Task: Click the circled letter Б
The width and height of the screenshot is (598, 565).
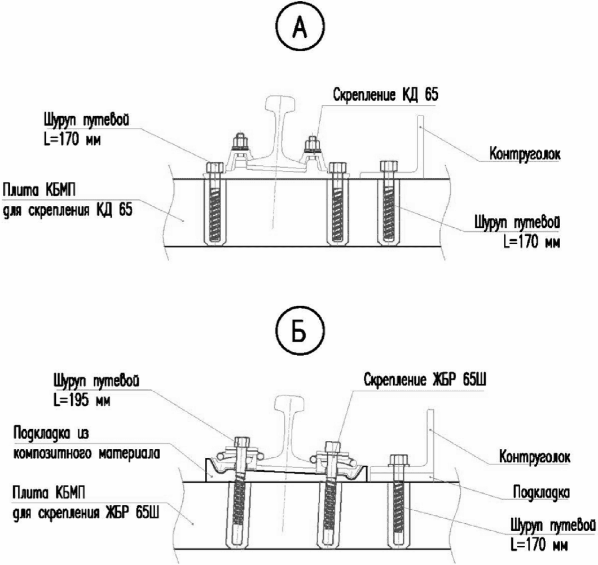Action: coord(301,332)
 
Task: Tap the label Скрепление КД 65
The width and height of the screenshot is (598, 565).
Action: coord(386,94)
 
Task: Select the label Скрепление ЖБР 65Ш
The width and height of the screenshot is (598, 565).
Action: coord(425,379)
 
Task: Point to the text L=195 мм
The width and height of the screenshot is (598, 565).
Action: coord(82,400)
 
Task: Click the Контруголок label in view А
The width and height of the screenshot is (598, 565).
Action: coord(525,154)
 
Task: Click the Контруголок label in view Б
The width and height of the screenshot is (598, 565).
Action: coord(535,456)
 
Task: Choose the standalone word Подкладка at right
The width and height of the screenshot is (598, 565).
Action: coord(542,492)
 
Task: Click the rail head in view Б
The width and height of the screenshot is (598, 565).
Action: coord(290,405)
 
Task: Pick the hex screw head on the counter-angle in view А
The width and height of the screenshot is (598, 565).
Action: coord(389,166)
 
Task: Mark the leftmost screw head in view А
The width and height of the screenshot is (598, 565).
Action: coord(215,167)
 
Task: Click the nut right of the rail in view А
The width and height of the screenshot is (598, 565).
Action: coord(313,144)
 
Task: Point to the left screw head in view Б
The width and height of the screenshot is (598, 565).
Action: coord(241,442)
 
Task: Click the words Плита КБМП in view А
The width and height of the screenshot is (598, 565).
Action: coord(39,190)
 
